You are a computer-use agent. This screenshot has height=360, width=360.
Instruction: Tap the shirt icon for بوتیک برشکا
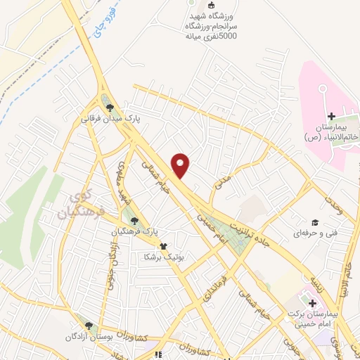coord(164,246)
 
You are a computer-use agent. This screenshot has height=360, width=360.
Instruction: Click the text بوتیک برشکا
coord(164,257)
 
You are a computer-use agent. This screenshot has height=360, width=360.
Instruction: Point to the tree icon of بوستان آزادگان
coord(89,326)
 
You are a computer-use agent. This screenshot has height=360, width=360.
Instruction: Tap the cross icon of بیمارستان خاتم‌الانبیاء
coord(331,115)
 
